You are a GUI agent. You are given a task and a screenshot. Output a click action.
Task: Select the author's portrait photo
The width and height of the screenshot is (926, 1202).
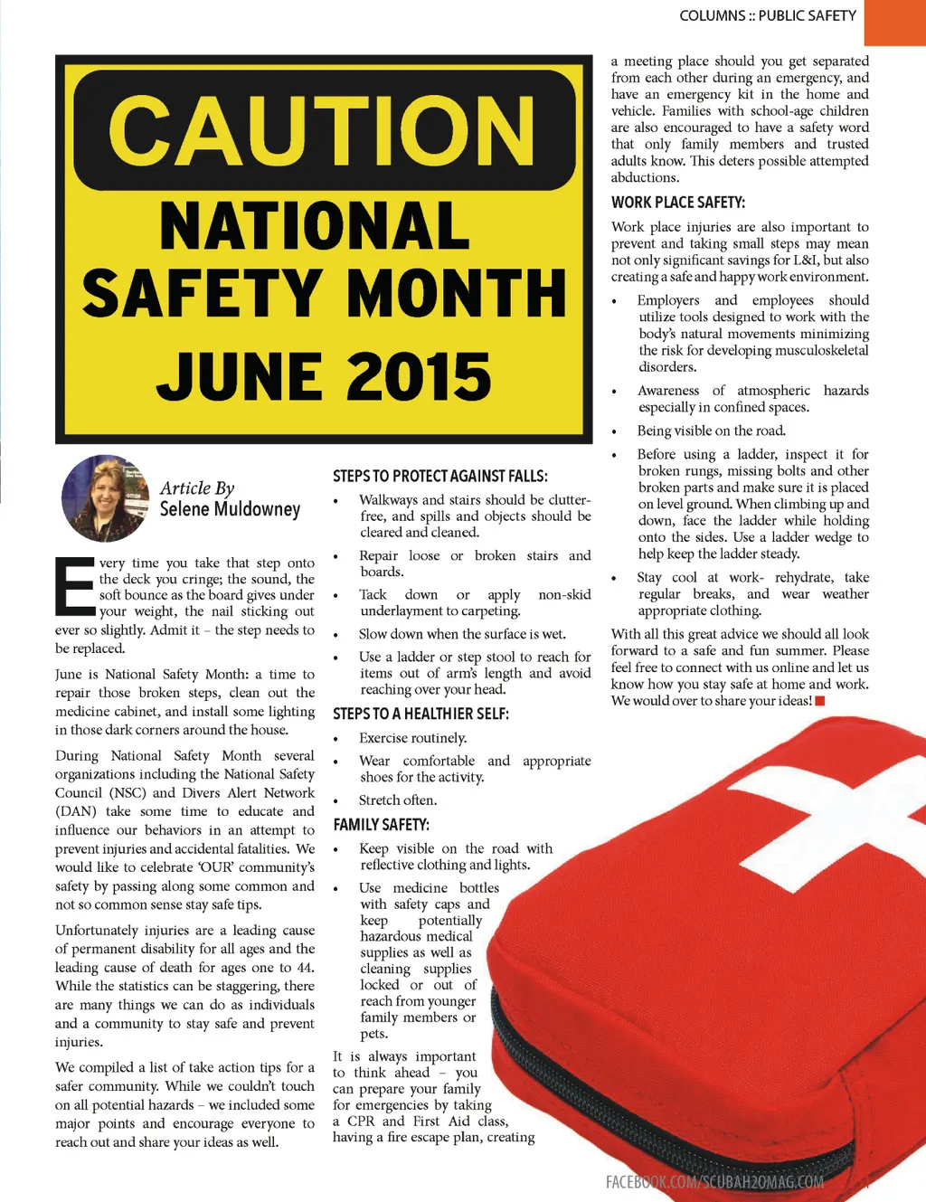(x=105, y=498)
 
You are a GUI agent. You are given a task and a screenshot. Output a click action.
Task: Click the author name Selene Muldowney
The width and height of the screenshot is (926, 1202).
(x=230, y=509)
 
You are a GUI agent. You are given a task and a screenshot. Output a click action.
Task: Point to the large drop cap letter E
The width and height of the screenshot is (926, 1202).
(x=74, y=587)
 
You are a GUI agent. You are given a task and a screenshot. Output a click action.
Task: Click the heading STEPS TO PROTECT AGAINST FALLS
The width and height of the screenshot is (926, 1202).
(x=440, y=477)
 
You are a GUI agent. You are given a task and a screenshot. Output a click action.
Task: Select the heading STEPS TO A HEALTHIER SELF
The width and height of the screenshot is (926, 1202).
(x=420, y=714)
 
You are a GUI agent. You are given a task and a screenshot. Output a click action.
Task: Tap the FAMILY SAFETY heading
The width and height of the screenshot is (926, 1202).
(x=381, y=825)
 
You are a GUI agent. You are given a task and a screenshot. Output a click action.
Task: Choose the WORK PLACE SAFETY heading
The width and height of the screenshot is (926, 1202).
(x=678, y=203)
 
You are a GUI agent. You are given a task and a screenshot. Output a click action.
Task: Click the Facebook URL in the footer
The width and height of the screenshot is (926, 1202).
(x=714, y=1182)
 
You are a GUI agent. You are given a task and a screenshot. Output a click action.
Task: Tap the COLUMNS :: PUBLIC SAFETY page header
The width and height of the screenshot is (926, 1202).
(x=768, y=15)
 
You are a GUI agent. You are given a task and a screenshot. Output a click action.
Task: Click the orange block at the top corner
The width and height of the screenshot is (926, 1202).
(x=894, y=22)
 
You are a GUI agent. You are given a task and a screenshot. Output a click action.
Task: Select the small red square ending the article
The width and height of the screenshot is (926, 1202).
(x=820, y=701)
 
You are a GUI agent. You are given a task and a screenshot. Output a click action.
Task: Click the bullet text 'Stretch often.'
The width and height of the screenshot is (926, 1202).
(x=398, y=800)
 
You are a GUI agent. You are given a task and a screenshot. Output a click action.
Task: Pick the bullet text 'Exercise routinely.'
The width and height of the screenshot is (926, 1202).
(x=412, y=738)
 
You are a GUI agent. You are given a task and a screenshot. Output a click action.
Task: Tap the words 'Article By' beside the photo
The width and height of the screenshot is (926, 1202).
(x=197, y=488)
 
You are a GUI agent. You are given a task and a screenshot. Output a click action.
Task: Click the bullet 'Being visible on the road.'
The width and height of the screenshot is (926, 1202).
(x=712, y=431)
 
